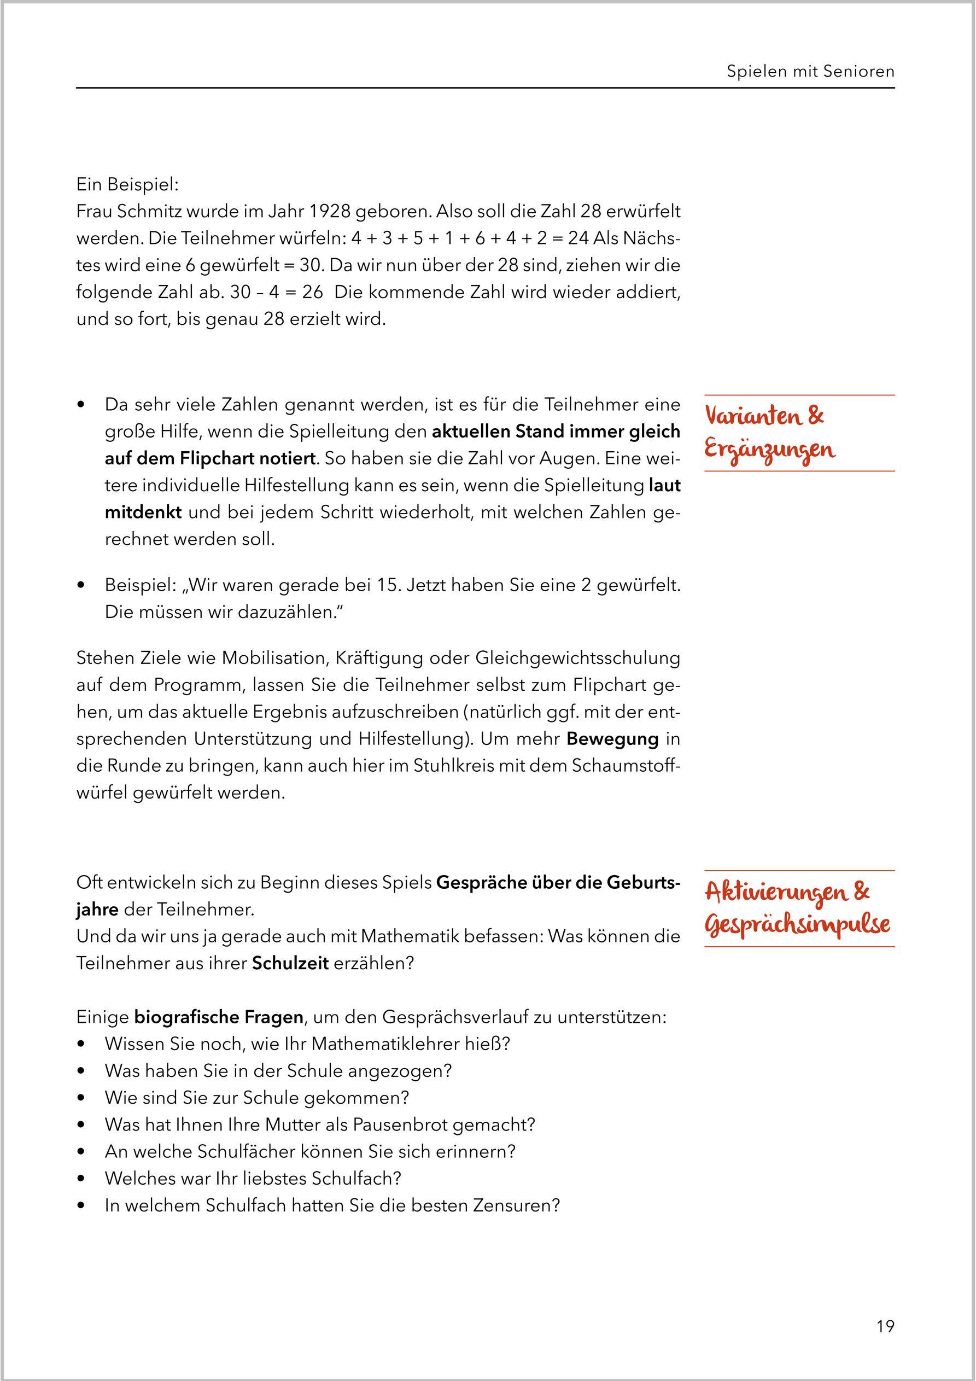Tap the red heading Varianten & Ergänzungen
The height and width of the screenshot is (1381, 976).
[x=770, y=434]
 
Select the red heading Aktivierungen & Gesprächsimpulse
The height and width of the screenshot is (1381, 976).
[x=797, y=909]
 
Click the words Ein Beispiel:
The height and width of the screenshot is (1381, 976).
[x=127, y=185]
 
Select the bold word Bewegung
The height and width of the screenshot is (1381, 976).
[x=612, y=738]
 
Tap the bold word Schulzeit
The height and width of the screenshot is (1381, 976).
[x=290, y=963]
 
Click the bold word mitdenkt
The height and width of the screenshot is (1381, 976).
[x=143, y=512]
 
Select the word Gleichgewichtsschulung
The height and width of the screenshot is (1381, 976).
[x=577, y=658]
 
